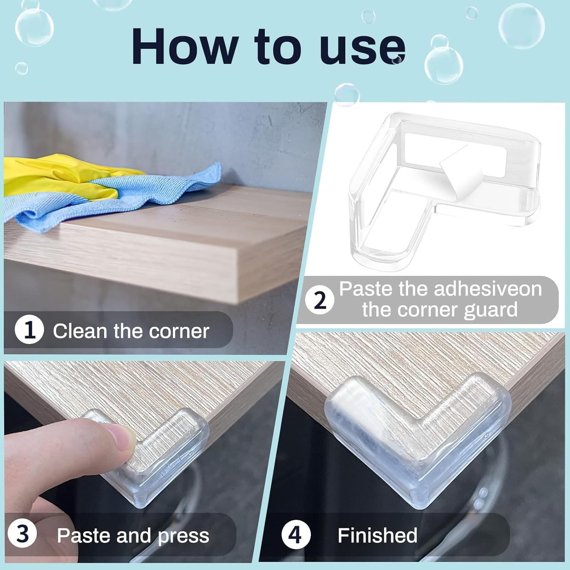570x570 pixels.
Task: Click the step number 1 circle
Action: click(29, 329)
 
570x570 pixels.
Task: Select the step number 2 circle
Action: click(320, 300)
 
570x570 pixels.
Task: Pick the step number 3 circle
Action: click(22, 534)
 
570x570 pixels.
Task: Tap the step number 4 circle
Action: click(296, 535)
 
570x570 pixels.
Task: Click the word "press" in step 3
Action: click(184, 536)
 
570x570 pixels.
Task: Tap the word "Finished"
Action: click(377, 535)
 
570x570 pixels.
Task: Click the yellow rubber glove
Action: click(57, 171)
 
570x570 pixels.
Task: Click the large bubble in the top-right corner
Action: click(521, 26)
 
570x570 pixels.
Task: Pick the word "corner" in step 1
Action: click(179, 331)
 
